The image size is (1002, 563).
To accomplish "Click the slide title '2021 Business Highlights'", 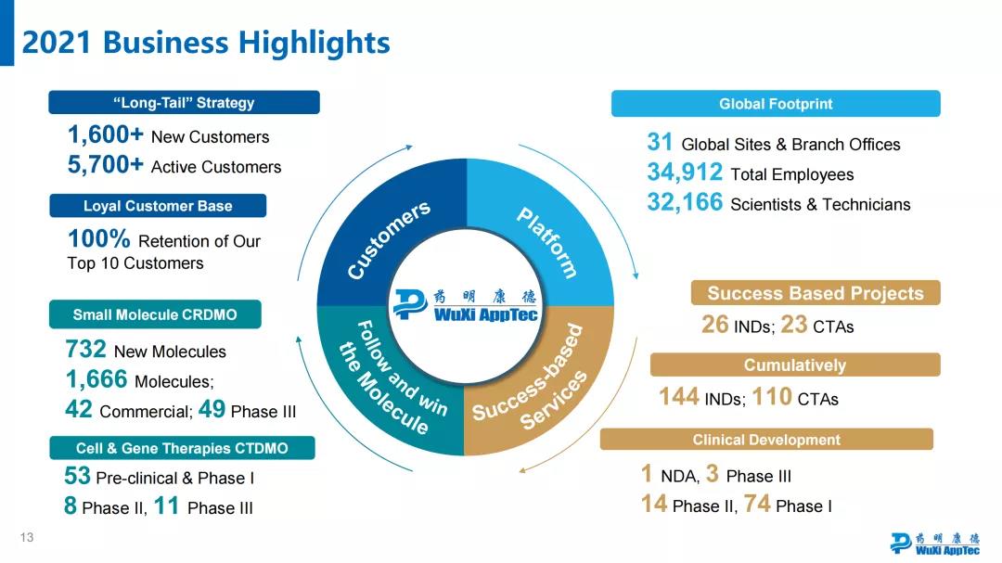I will coord(206,43).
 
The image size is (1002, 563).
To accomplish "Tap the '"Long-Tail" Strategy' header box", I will coord(184,103).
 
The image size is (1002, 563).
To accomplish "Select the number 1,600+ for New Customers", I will coord(105,135).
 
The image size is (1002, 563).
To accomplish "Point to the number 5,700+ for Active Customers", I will coord(105,165).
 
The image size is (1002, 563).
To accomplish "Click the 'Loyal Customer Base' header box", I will coord(158,206).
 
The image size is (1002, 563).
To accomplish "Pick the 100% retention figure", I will coord(99,239).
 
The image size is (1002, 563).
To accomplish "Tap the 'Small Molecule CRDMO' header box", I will coord(155,314).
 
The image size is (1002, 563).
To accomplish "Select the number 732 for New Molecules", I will coord(85,350).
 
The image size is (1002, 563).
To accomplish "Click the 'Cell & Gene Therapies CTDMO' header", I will coord(182,448).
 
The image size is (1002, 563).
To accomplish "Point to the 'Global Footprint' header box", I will coord(776,104).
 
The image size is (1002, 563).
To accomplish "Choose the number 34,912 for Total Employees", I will coord(685,173).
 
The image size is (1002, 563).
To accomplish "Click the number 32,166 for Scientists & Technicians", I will coord(685,203).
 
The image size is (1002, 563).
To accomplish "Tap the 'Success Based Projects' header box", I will coord(816,293).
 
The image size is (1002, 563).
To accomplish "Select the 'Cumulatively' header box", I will coord(795,365).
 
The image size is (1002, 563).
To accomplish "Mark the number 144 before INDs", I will coord(678,397).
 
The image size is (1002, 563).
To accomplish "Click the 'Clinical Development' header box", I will coord(766,440).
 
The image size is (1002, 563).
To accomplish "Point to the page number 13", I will coord(27,538).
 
